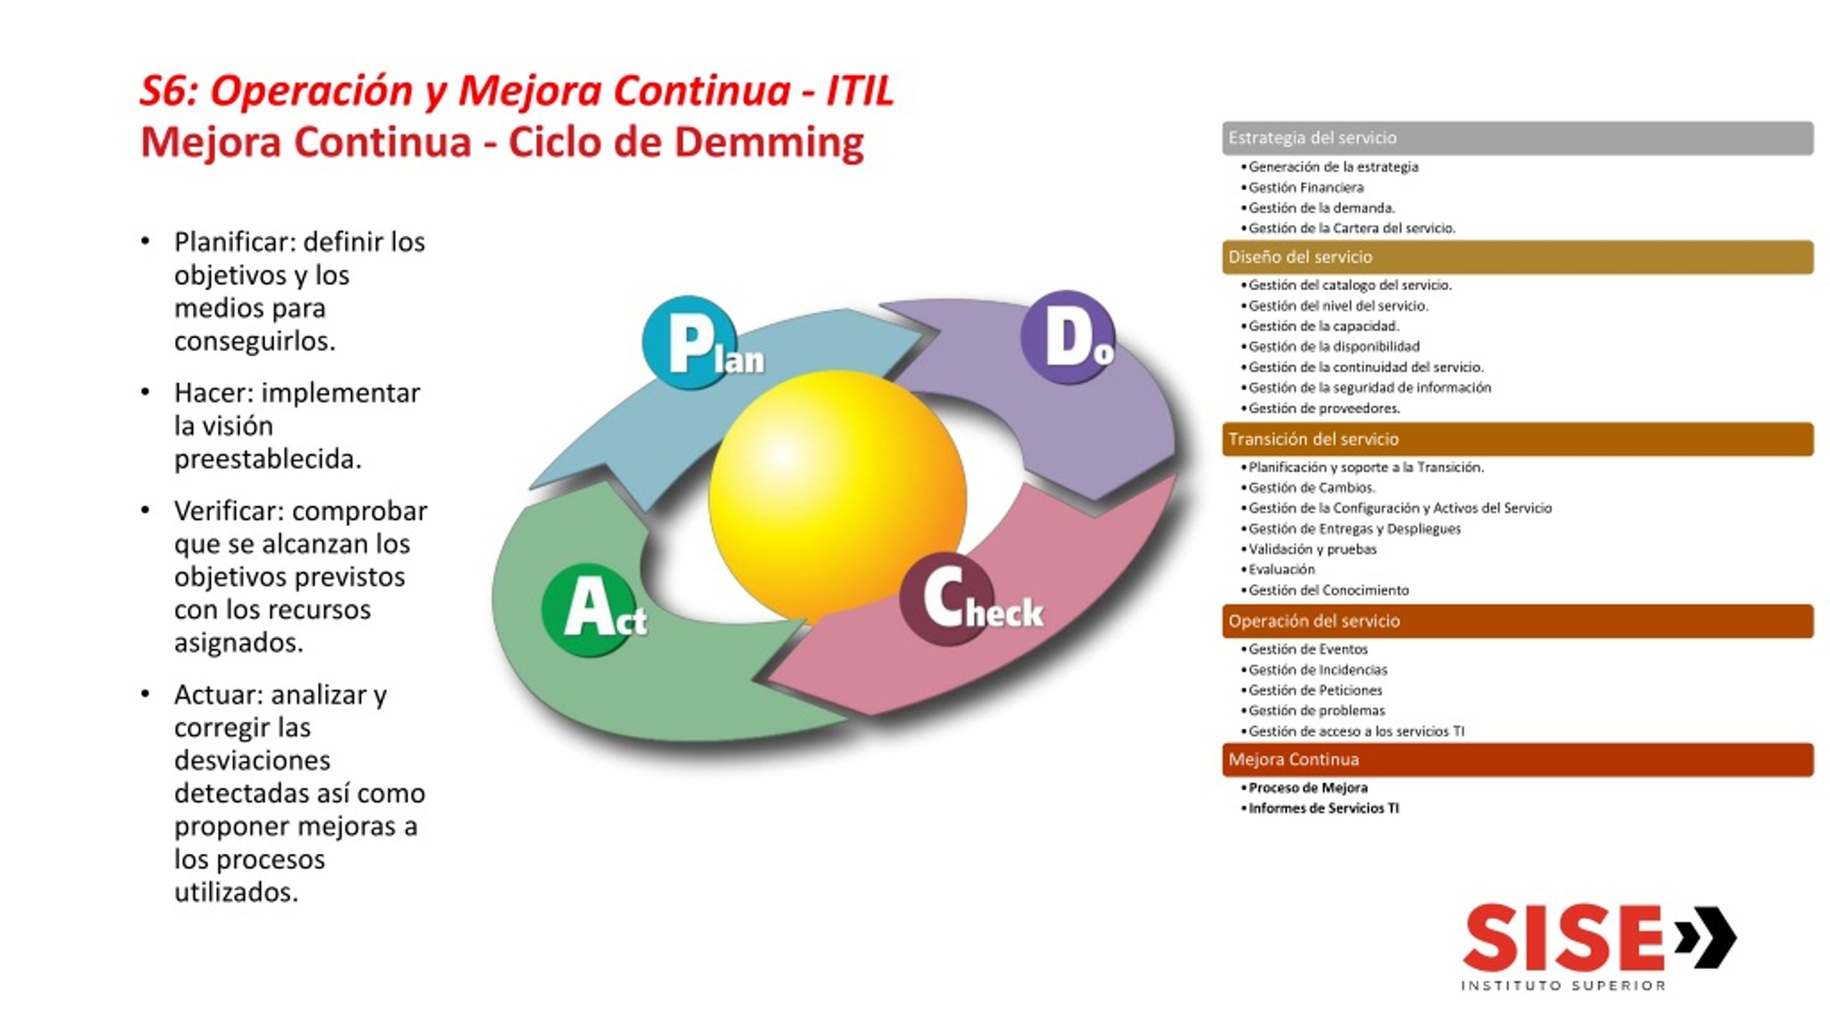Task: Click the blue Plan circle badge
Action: [688, 342]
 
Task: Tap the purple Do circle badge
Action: [1067, 337]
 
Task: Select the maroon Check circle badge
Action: [946, 599]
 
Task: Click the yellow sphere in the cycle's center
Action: [837, 497]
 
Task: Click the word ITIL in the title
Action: [860, 91]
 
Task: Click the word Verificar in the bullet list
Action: [229, 511]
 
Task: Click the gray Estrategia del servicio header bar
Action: [1518, 138]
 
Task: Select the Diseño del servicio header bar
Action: [1518, 257]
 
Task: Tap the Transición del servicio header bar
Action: [1518, 439]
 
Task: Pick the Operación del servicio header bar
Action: [1518, 621]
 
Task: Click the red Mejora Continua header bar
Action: [1518, 760]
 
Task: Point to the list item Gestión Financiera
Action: [1306, 187]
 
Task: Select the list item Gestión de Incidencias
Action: [1317, 670]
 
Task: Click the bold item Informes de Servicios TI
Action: [1323, 808]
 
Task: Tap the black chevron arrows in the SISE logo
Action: [1706, 938]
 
